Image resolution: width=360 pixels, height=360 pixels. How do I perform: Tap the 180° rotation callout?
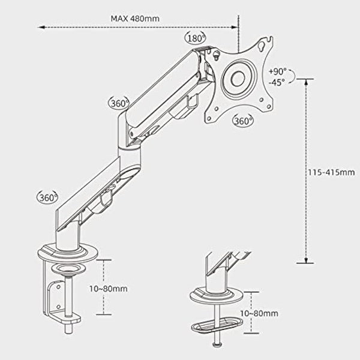[x=196, y=38]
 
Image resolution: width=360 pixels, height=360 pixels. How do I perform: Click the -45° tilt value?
[x=277, y=82]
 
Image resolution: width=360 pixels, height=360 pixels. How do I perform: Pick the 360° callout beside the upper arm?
[x=120, y=103]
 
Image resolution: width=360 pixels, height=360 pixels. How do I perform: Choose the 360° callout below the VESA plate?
[x=243, y=120]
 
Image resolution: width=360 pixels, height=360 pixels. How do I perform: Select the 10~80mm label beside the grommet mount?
[x=262, y=313]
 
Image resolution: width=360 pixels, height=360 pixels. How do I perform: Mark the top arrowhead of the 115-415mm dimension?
[x=306, y=79]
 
